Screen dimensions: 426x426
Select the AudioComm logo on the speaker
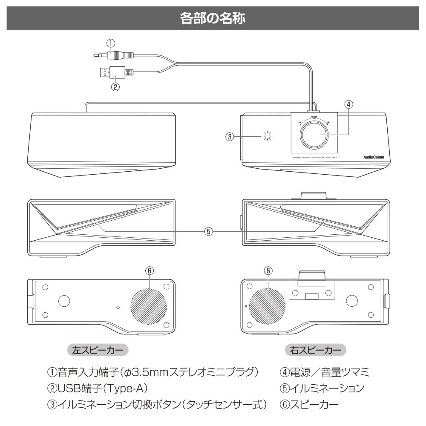(x=374, y=157)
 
